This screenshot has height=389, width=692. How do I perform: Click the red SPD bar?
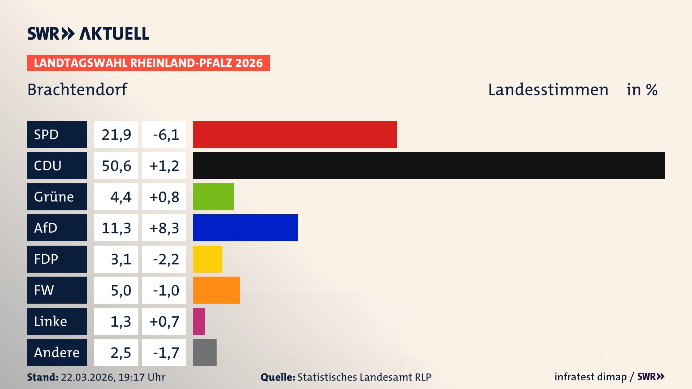point(295,134)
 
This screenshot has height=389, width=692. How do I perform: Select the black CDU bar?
point(429,166)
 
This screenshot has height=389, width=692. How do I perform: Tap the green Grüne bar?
point(213,197)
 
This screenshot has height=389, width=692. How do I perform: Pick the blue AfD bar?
point(245,228)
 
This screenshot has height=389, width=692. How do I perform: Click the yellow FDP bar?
point(208,259)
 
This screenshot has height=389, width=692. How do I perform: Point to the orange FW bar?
point(216,290)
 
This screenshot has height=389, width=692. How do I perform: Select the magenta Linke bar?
point(199,321)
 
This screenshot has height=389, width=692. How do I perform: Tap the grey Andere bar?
point(205,352)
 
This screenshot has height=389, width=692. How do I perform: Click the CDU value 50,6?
point(116,166)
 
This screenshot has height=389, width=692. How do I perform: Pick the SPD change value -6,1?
point(165,135)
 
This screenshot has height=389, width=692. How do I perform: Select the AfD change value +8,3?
point(164,228)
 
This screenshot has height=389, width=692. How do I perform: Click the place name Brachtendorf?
point(77,89)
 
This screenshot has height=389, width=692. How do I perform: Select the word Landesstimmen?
point(548,89)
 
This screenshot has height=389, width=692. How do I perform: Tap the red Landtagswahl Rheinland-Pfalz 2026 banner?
point(148,63)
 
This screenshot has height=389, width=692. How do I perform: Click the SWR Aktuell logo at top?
point(88,33)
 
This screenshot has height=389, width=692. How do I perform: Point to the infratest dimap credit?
point(590,377)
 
